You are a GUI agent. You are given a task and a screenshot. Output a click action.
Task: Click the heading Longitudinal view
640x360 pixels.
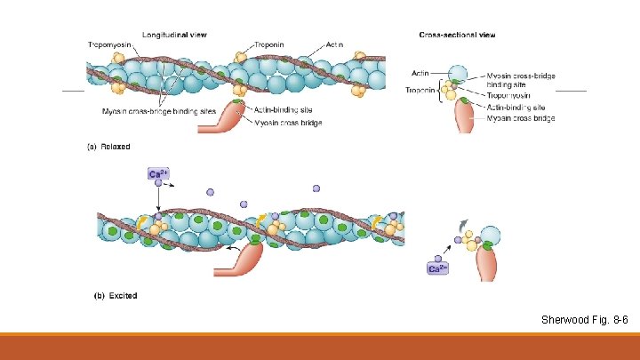[174, 35]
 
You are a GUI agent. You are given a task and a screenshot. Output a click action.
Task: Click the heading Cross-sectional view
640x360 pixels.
[457, 35]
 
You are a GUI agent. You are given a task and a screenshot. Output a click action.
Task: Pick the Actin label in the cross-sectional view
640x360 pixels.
[420, 73]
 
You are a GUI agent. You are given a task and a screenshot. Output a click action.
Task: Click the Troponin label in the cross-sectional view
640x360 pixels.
[420, 90]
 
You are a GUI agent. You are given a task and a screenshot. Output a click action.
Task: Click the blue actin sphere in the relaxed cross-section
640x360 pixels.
[459, 74]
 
